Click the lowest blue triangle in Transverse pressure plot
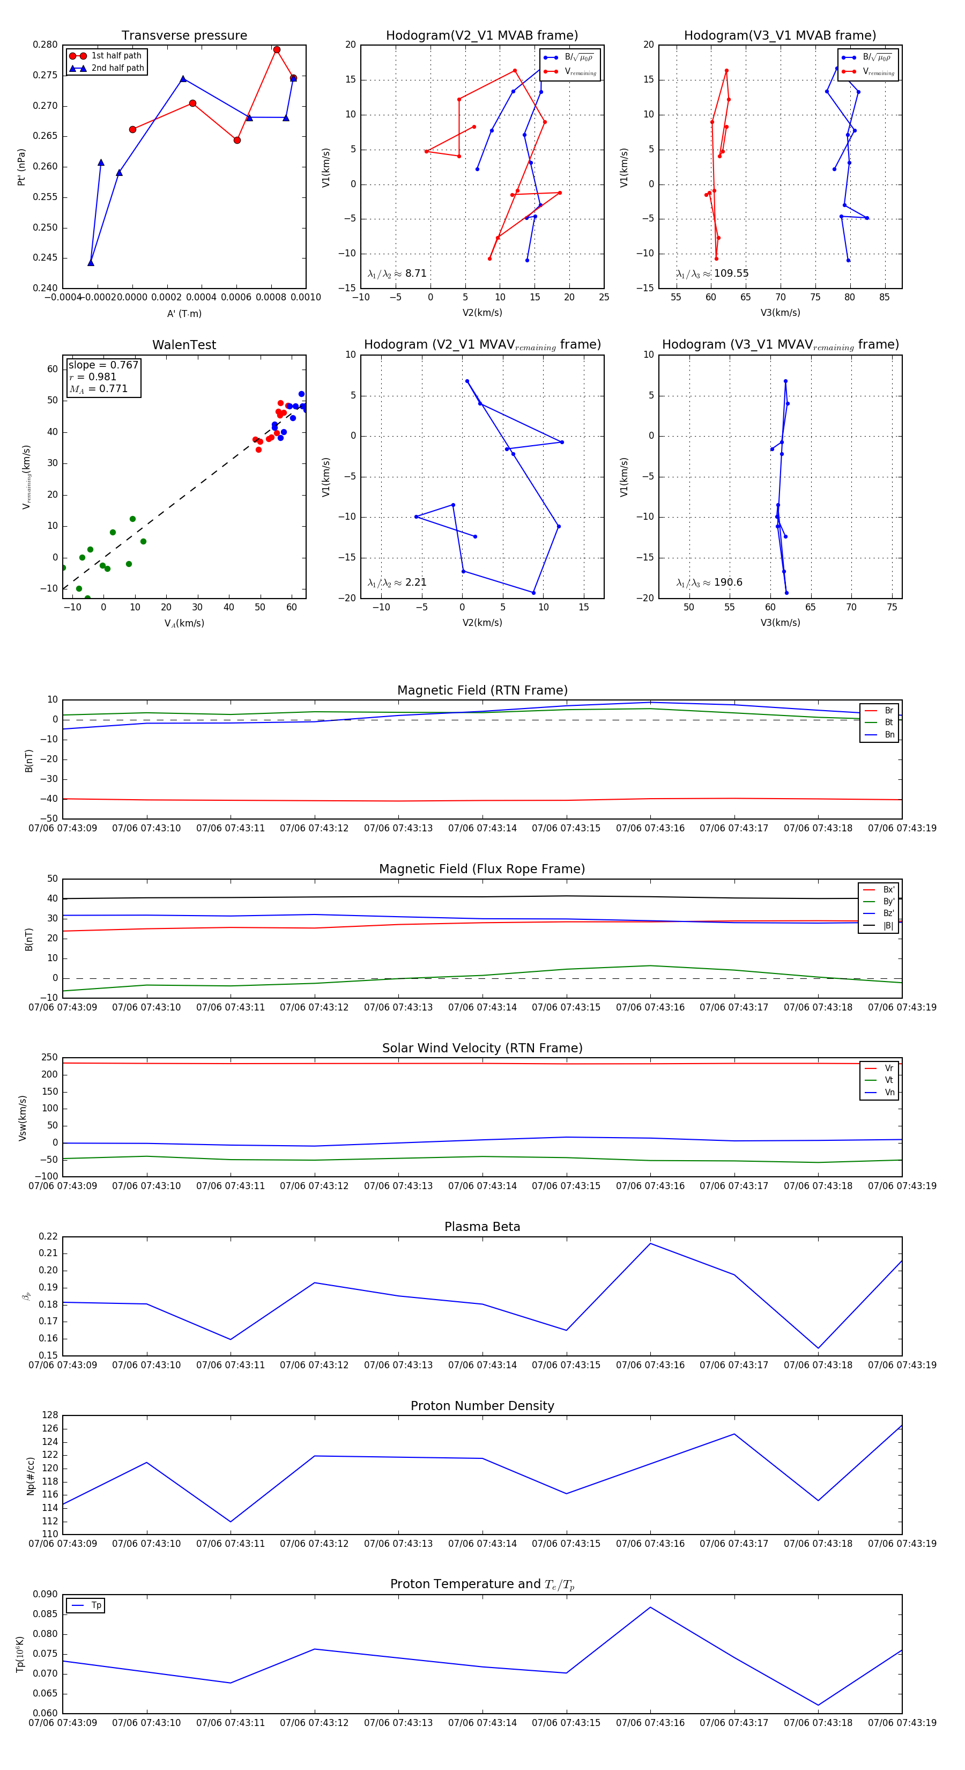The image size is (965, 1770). pyautogui.click(x=91, y=262)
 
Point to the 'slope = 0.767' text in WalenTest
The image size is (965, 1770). pyautogui.click(x=103, y=365)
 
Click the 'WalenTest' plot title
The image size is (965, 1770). pyautogui.click(x=184, y=345)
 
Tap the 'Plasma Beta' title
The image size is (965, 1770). pyautogui.click(x=482, y=1227)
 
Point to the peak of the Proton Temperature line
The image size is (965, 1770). pyautogui.click(x=650, y=1607)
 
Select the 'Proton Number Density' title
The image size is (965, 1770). pyautogui.click(x=482, y=1406)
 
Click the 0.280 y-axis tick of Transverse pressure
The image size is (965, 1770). pyautogui.click(x=46, y=45)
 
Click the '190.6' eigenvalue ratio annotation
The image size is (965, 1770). pyautogui.click(x=728, y=582)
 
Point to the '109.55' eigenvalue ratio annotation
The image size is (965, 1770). pyautogui.click(x=731, y=274)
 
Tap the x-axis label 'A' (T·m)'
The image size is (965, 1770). pyautogui.click(x=184, y=313)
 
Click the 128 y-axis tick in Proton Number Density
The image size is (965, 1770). pyautogui.click(x=50, y=1415)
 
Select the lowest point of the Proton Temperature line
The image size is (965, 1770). pyautogui.click(x=818, y=1705)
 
